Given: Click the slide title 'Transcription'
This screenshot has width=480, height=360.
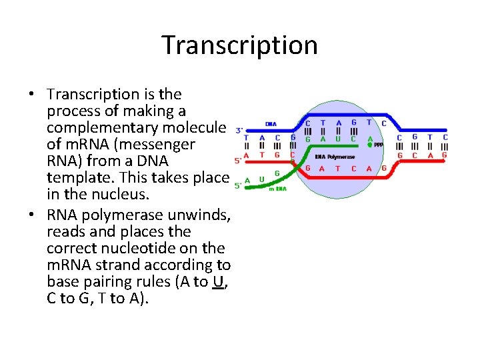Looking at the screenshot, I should pyautogui.click(x=240, y=45).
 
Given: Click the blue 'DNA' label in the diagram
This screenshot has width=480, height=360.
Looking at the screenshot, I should pyautogui.click(x=271, y=124).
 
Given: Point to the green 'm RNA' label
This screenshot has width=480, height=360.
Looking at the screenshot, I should pyautogui.click(x=278, y=189).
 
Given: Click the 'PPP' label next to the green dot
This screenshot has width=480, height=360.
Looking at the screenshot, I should pyautogui.click(x=379, y=145).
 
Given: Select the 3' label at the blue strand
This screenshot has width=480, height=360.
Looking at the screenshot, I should pyautogui.click(x=239, y=131).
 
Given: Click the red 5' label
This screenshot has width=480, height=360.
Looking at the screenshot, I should pyautogui.click(x=239, y=161).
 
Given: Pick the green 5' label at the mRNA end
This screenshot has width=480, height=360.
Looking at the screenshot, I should pyautogui.click(x=239, y=185).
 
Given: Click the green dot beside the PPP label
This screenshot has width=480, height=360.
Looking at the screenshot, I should pyautogui.click(x=370, y=144).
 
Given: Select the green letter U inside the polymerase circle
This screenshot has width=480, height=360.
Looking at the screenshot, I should pyautogui.click(x=339, y=139).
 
